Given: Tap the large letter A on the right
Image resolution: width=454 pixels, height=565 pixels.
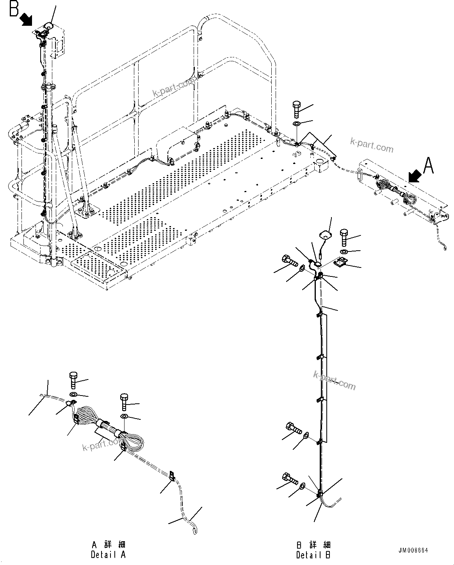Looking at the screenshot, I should [429, 166].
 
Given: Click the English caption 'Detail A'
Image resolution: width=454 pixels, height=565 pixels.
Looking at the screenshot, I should [108, 554].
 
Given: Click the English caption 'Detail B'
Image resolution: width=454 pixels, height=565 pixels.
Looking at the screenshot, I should [313, 555].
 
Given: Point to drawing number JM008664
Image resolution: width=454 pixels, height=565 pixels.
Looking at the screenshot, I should [413, 551].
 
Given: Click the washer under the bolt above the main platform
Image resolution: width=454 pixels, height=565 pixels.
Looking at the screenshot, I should [297, 124].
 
